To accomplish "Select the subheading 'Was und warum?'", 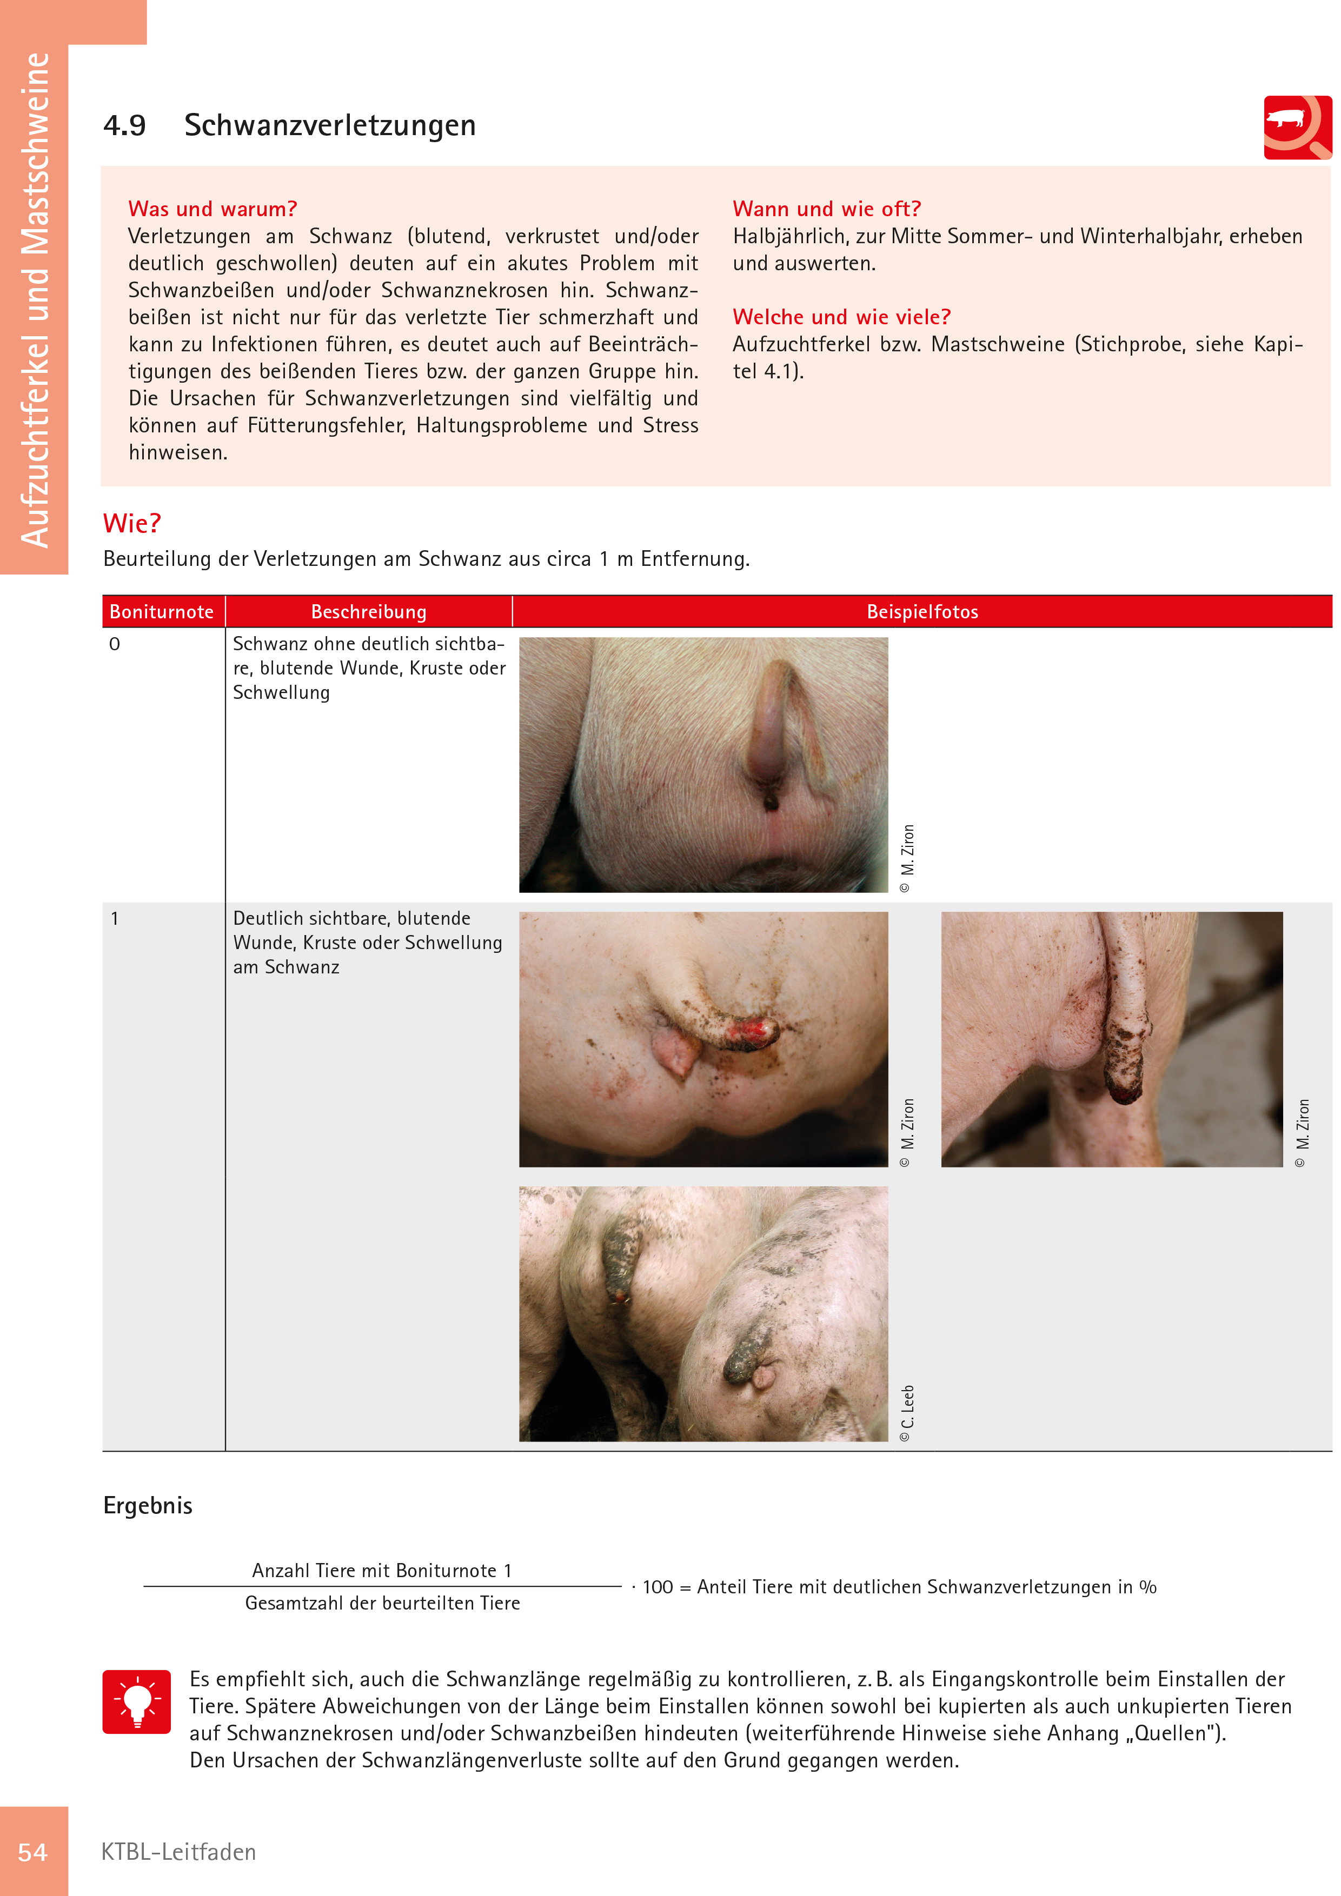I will pos(213,209).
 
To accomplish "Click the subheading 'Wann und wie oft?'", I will pos(826,209).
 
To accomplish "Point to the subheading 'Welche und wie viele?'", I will pos(841,317).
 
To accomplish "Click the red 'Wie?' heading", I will pos(132,524).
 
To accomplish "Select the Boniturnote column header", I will pos(162,612).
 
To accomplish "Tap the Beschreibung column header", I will pos(369,612).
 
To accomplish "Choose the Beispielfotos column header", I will pos(922,612).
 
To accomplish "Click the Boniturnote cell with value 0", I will pos(115,644).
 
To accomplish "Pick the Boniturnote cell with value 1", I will pos(115,918).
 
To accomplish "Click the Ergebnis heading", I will pos(148,1505).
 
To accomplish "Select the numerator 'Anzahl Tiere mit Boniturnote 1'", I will pos(382,1571).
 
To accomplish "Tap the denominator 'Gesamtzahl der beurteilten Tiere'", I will pos(382,1604).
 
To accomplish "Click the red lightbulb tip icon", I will pos(137,1702).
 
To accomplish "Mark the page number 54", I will pos(33,1852).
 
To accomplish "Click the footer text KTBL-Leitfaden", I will pos(178,1852).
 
